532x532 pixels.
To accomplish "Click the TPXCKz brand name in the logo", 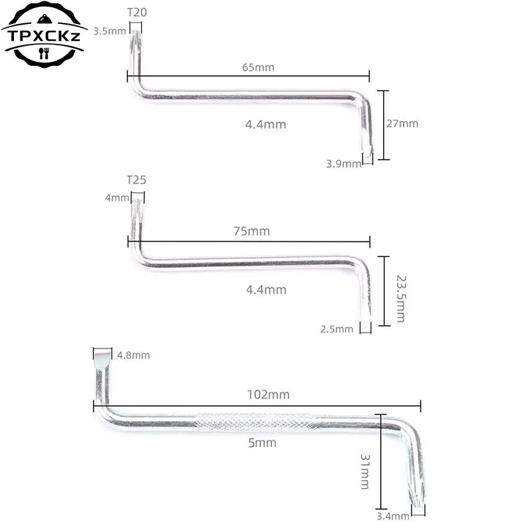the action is tap(44, 36).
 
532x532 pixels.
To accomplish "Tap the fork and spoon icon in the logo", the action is tap(44, 53).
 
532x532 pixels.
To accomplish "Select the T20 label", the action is tap(137, 13).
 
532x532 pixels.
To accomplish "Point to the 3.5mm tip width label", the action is tap(110, 31).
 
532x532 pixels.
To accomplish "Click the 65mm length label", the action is tap(258, 67).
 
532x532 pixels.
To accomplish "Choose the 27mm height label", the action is tap(402, 124).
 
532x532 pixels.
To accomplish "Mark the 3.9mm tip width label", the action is tap(343, 164).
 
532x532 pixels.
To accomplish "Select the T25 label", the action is tap(137, 180).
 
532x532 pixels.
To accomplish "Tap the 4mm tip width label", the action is tap(118, 198).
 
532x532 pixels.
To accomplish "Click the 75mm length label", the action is tap(252, 231).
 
